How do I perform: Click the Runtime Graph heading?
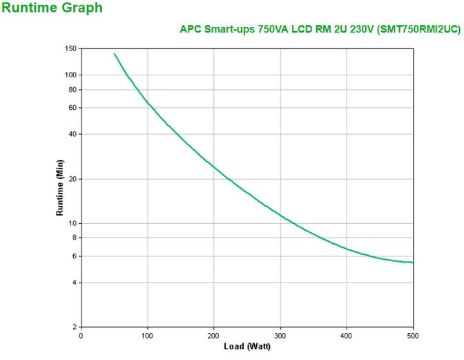coord(52,8)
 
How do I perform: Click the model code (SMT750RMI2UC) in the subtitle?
coord(419,29)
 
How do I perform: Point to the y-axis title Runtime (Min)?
coord(60,187)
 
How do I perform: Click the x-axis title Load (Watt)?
coord(246,345)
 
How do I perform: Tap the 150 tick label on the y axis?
coord(70,48)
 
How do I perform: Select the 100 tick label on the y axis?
coord(70,75)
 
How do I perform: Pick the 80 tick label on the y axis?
coord(72,89)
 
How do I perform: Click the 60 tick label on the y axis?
coord(72,108)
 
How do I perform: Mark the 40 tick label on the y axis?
coord(72,134)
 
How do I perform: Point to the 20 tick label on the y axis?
coord(72,179)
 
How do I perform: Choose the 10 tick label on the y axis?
coord(72,223)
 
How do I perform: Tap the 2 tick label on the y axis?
coord(74,327)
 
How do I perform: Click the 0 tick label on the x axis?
coord(81,335)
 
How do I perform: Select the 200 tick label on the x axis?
coord(214,335)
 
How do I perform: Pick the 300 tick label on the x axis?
coord(280,335)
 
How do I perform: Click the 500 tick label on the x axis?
coord(413,335)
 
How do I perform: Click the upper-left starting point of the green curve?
coord(115,53)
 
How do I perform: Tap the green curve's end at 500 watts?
coord(413,263)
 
